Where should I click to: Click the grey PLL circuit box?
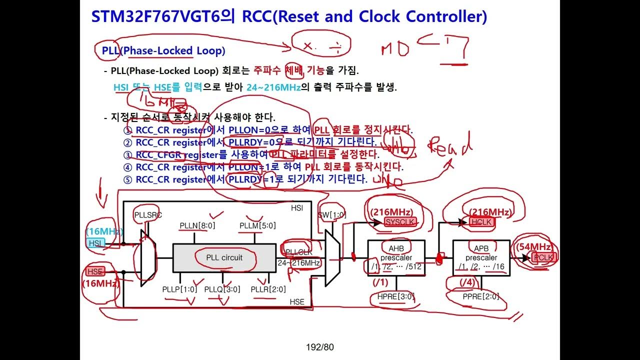click(224, 258)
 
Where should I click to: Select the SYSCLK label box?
click(400, 222)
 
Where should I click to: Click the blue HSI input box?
click(95, 243)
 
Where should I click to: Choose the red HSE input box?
click(95, 271)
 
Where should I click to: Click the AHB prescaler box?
click(396, 257)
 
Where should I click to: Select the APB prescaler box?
click(480, 257)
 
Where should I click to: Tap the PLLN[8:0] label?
click(197, 225)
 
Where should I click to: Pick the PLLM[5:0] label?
click(257, 225)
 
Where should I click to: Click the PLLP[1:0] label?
click(180, 289)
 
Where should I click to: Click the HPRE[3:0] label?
click(396, 296)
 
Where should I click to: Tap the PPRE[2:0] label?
click(480, 296)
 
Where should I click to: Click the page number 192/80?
click(319, 347)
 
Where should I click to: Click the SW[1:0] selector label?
click(332, 215)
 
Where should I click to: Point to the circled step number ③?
click(127, 155)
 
